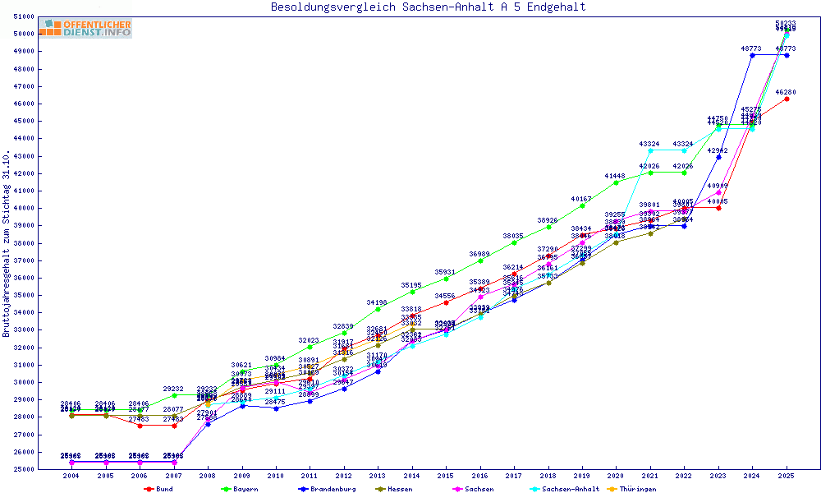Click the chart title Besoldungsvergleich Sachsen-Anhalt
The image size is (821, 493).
click(x=429, y=7)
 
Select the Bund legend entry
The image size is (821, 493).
click(x=160, y=489)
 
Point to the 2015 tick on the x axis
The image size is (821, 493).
click(x=446, y=476)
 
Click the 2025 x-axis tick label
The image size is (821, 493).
click(x=787, y=476)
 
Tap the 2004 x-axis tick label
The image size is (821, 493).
click(x=71, y=476)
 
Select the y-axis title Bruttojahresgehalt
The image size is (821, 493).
click(x=7, y=244)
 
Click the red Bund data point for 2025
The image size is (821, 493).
click(x=787, y=99)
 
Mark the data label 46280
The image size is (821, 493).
click(x=787, y=92)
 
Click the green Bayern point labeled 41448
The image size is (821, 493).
click(x=616, y=182)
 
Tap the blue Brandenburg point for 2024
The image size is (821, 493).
click(x=752, y=55)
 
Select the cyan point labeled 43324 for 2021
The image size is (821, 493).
click(x=650, y=150)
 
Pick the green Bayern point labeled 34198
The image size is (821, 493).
click(x=377, y=309)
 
